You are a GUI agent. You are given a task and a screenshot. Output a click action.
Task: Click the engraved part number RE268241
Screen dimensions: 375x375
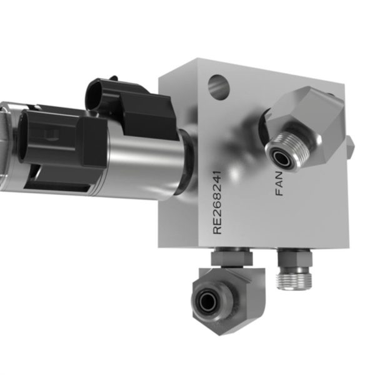coord(217,202)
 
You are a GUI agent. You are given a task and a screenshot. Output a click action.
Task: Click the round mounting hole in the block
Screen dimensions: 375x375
coord(219,87)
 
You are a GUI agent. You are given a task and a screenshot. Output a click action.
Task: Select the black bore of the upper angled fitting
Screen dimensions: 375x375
coord(280,157)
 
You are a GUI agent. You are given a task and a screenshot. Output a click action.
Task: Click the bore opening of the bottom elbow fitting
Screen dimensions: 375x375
coord(207,300)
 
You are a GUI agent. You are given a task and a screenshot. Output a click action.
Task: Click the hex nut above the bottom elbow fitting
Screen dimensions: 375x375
coord(231,259)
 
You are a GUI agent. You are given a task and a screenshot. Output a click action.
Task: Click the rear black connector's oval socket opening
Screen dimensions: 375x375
coord(95,96)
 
